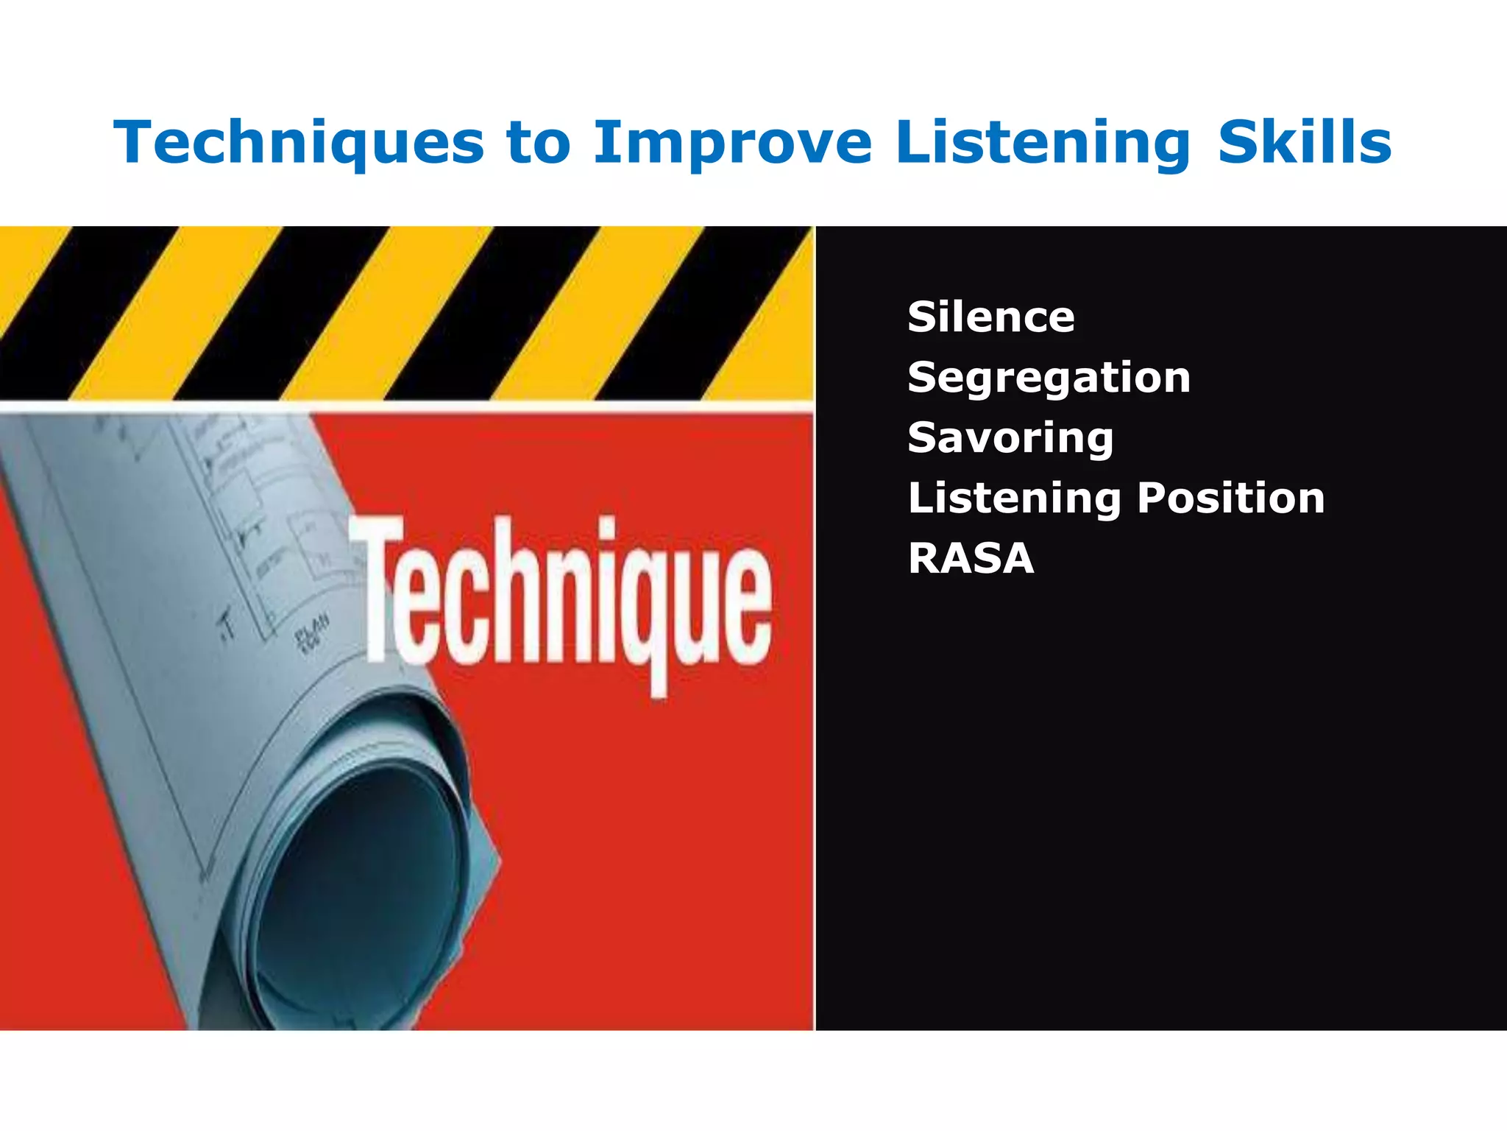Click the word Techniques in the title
point(299,142)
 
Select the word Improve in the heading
point(732,142)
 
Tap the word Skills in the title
point(1305,142)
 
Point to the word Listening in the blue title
point(1043,142)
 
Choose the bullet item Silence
point(991,317)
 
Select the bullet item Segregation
point(1049,378)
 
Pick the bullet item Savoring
point(1010,438)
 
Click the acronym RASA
point(971,558)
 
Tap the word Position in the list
point(1230,498)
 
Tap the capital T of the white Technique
point(377,582)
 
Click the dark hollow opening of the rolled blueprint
point(361,884)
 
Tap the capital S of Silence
point(921,317)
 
